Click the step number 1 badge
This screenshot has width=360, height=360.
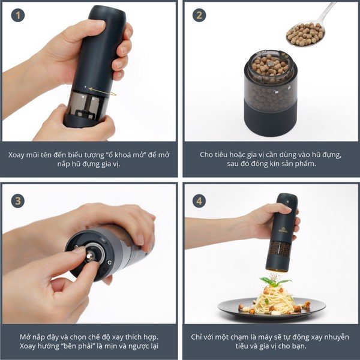pos(17,15)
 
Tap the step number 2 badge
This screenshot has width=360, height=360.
pos(199,15)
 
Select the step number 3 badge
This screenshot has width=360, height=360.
pos(17,201)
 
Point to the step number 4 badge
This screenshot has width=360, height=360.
pos(199,201)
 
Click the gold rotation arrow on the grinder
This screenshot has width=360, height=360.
pos(103,91)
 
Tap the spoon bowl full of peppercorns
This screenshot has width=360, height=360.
pos(305,34)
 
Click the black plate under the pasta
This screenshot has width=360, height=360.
pos(272,309)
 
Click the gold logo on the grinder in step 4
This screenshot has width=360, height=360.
pos(283,230)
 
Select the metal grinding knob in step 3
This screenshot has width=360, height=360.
pos(90,256)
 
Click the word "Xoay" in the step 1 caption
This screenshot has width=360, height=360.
pos(16,155)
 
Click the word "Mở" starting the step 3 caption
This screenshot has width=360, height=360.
pos(25,337)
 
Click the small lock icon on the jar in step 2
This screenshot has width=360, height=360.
pos(276,92)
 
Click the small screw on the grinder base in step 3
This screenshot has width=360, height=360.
pos(110,262)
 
